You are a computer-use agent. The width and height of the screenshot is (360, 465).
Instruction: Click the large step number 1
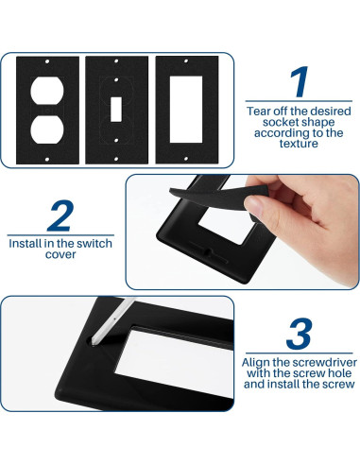pyautogui.click(x=300, y=81)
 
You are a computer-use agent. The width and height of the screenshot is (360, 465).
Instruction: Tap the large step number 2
pyautogui.click(x=60, y=215)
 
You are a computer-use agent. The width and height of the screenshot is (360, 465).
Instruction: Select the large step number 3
pyautogui.click(x=299, y=334)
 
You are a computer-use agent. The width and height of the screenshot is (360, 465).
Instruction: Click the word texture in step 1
pyautogui.click(x=299, y=144)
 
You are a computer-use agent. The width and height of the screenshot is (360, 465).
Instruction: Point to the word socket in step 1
pyautogui.click(x=280, y=122)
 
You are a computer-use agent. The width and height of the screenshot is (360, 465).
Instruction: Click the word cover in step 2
pyautogui.click(x=60, y=254)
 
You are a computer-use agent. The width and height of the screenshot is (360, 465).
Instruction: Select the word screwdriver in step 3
pyautogui.click(x=324, y=363)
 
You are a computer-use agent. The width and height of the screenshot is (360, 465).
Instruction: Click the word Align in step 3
pyautogui.click(x=255, y=363)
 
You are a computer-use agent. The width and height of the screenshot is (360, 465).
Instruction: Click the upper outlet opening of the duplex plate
pyautogui.click(x=47, y=90)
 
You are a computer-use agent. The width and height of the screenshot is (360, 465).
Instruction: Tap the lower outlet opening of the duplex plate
pyautogui.click(x=47, y=129)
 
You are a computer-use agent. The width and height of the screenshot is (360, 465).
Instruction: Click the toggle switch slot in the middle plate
pyautogui.click(x=116, y=110)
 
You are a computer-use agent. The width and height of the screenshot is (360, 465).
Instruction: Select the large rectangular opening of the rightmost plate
pyautogui.click(x=186, y=110)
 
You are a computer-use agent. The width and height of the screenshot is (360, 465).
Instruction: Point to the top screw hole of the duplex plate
pyautogui.click(x=47, y=61)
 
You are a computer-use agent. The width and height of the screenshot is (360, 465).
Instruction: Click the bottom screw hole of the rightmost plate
pyautogui.click(x=186, y=159)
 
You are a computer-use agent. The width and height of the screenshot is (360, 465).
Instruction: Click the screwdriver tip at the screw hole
pyautogui.click(x=94, y=341)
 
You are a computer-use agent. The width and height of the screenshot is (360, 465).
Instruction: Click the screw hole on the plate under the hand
pyautogui.click(x=208, y=251)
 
